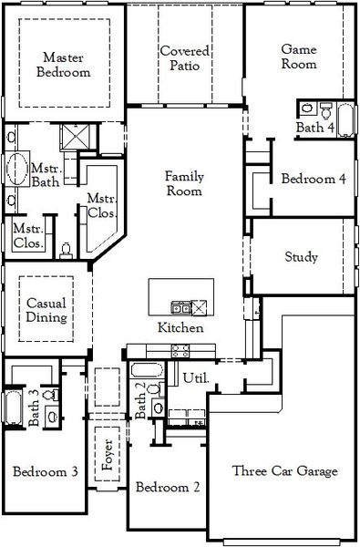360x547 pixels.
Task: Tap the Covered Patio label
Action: [185, 58]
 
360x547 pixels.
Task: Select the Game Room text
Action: [298, 57]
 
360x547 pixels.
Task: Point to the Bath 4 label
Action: [314, 128]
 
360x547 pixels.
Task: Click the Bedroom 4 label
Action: [313, 179]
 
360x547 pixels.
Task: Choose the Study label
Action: [301, 258]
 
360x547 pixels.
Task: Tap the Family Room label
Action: [183, 183]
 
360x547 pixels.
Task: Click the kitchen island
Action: [183, 297]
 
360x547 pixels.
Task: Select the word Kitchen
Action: [180, 328]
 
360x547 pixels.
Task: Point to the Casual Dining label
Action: [46, 310]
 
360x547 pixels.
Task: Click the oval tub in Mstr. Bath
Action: [16, 170]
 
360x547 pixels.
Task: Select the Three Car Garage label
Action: [285, 471]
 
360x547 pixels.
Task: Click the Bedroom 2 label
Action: [168, 488]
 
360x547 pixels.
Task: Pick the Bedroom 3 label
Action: [44, 471]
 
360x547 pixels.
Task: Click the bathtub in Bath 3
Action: [12, 408]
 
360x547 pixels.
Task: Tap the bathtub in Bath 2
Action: [146, 371]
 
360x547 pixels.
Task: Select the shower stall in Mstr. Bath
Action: [73, 139]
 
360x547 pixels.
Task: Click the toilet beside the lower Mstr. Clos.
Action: [66, 247]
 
